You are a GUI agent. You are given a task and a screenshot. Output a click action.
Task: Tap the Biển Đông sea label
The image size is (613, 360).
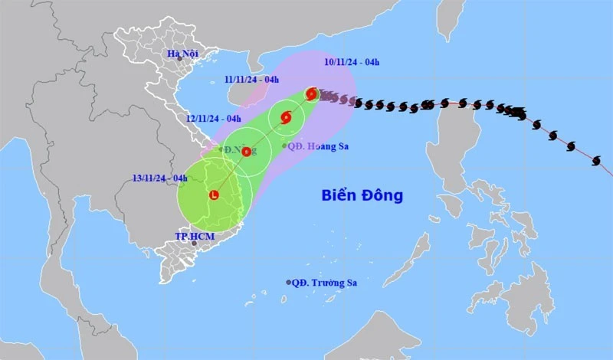(362, 195)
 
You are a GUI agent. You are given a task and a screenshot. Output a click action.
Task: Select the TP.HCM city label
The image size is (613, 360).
(195, 236)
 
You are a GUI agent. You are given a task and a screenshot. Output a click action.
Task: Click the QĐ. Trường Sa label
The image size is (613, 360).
(326, 283)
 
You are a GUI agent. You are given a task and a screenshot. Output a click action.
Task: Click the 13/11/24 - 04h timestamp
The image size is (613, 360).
(159, 178)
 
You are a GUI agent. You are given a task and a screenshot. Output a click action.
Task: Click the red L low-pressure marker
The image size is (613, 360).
(214, 195)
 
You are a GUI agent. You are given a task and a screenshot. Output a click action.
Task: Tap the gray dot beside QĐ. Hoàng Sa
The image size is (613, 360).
(285, 146)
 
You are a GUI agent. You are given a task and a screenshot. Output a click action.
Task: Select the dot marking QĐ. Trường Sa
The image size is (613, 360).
(289, 283)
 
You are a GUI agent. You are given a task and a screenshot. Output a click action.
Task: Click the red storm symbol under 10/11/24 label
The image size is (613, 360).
(311, 94)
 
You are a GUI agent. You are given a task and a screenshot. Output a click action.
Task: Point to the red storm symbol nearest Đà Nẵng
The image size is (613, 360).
(246, 152)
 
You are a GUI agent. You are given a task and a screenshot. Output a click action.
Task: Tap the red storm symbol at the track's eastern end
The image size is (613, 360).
(598, 160)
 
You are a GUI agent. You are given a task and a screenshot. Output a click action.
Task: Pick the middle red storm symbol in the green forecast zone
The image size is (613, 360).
(286, 118)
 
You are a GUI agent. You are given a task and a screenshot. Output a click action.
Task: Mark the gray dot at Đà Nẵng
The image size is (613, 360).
(221, 149)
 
